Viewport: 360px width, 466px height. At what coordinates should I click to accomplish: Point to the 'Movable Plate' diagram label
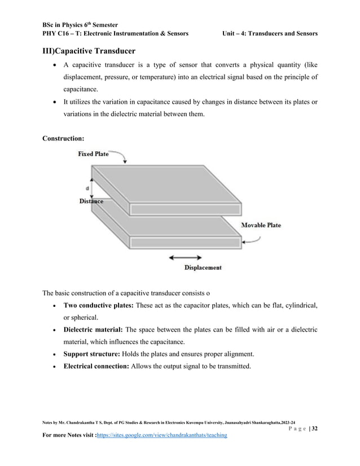261,225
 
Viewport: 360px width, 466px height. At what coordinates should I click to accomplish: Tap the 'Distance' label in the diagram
91,201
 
